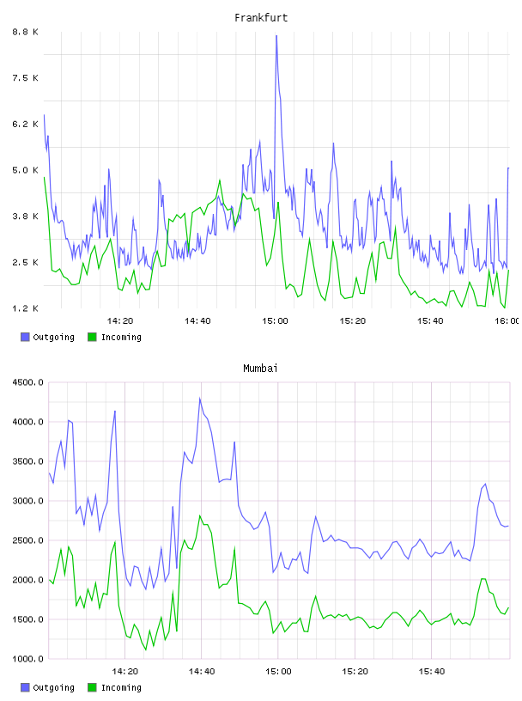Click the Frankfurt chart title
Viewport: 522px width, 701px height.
pos(261,18)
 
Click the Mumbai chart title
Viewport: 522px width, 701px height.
pos(260,369)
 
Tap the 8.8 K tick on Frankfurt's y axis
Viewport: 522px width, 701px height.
pos(26,32)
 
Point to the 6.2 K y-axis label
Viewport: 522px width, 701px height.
pos(26,124)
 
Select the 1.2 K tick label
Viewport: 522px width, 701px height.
pos(26,308)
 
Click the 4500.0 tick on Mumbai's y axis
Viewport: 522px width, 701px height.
pos(28,382)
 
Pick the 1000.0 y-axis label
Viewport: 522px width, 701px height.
pos(28,659)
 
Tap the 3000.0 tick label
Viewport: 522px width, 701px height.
pos(28,501)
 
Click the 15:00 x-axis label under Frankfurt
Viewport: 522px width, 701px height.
pos(275,320)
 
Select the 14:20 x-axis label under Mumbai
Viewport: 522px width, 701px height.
pos(124,671)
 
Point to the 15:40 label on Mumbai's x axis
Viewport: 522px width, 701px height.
pos(431,671)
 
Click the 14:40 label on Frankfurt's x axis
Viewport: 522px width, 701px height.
pos(197,320)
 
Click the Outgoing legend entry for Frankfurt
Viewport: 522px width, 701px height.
pos(47,337)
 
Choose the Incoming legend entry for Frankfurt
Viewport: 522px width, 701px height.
pos(115,337)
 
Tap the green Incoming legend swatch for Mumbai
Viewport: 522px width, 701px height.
pos(92,687)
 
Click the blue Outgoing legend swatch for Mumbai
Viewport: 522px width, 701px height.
pos(25,687)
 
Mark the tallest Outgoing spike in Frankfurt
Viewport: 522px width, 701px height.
pos(276,36)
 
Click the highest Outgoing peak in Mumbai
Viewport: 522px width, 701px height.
pos(200,399)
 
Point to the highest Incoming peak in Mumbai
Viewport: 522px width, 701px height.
pos(200,516)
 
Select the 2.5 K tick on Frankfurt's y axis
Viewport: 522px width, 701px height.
pos(26,262)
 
